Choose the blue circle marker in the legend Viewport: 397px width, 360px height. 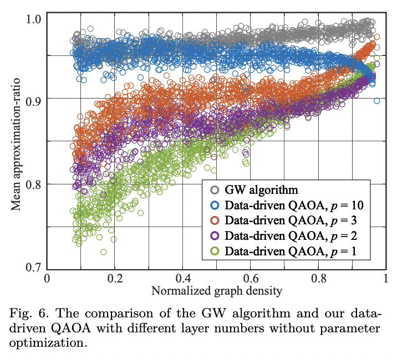click(213, 205)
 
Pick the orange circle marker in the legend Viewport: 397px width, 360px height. click(213, 220)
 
